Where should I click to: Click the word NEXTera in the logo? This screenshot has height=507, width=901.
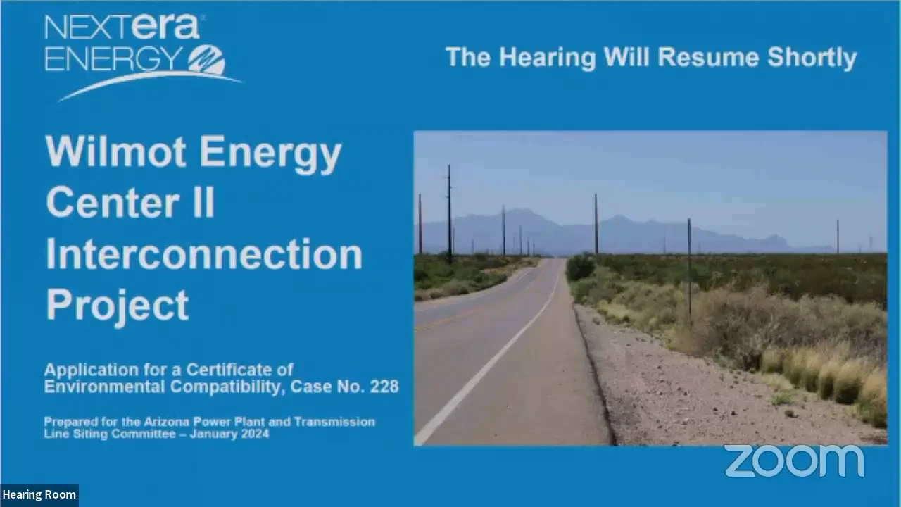[x=123, y=27]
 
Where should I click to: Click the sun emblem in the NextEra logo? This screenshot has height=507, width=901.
[x=206, y=60]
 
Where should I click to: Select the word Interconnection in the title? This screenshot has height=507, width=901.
[x=204, y=255]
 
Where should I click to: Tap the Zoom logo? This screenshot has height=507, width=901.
[x=794, y=461]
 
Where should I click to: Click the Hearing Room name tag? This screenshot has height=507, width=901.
[x=39, y=495]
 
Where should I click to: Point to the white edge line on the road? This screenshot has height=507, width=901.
[x=486, y=366]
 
